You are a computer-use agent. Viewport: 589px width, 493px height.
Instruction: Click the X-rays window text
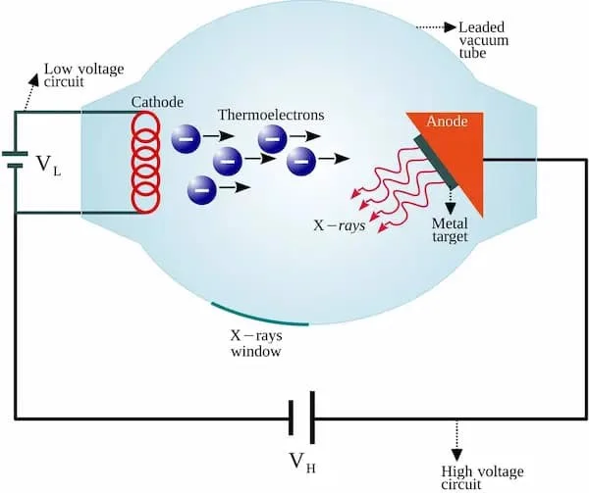(x=257, y=342)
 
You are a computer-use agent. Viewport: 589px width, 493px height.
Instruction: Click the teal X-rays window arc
(x=259, y=316)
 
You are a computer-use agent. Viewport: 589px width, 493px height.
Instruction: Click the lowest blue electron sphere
(x=202, y=185)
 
